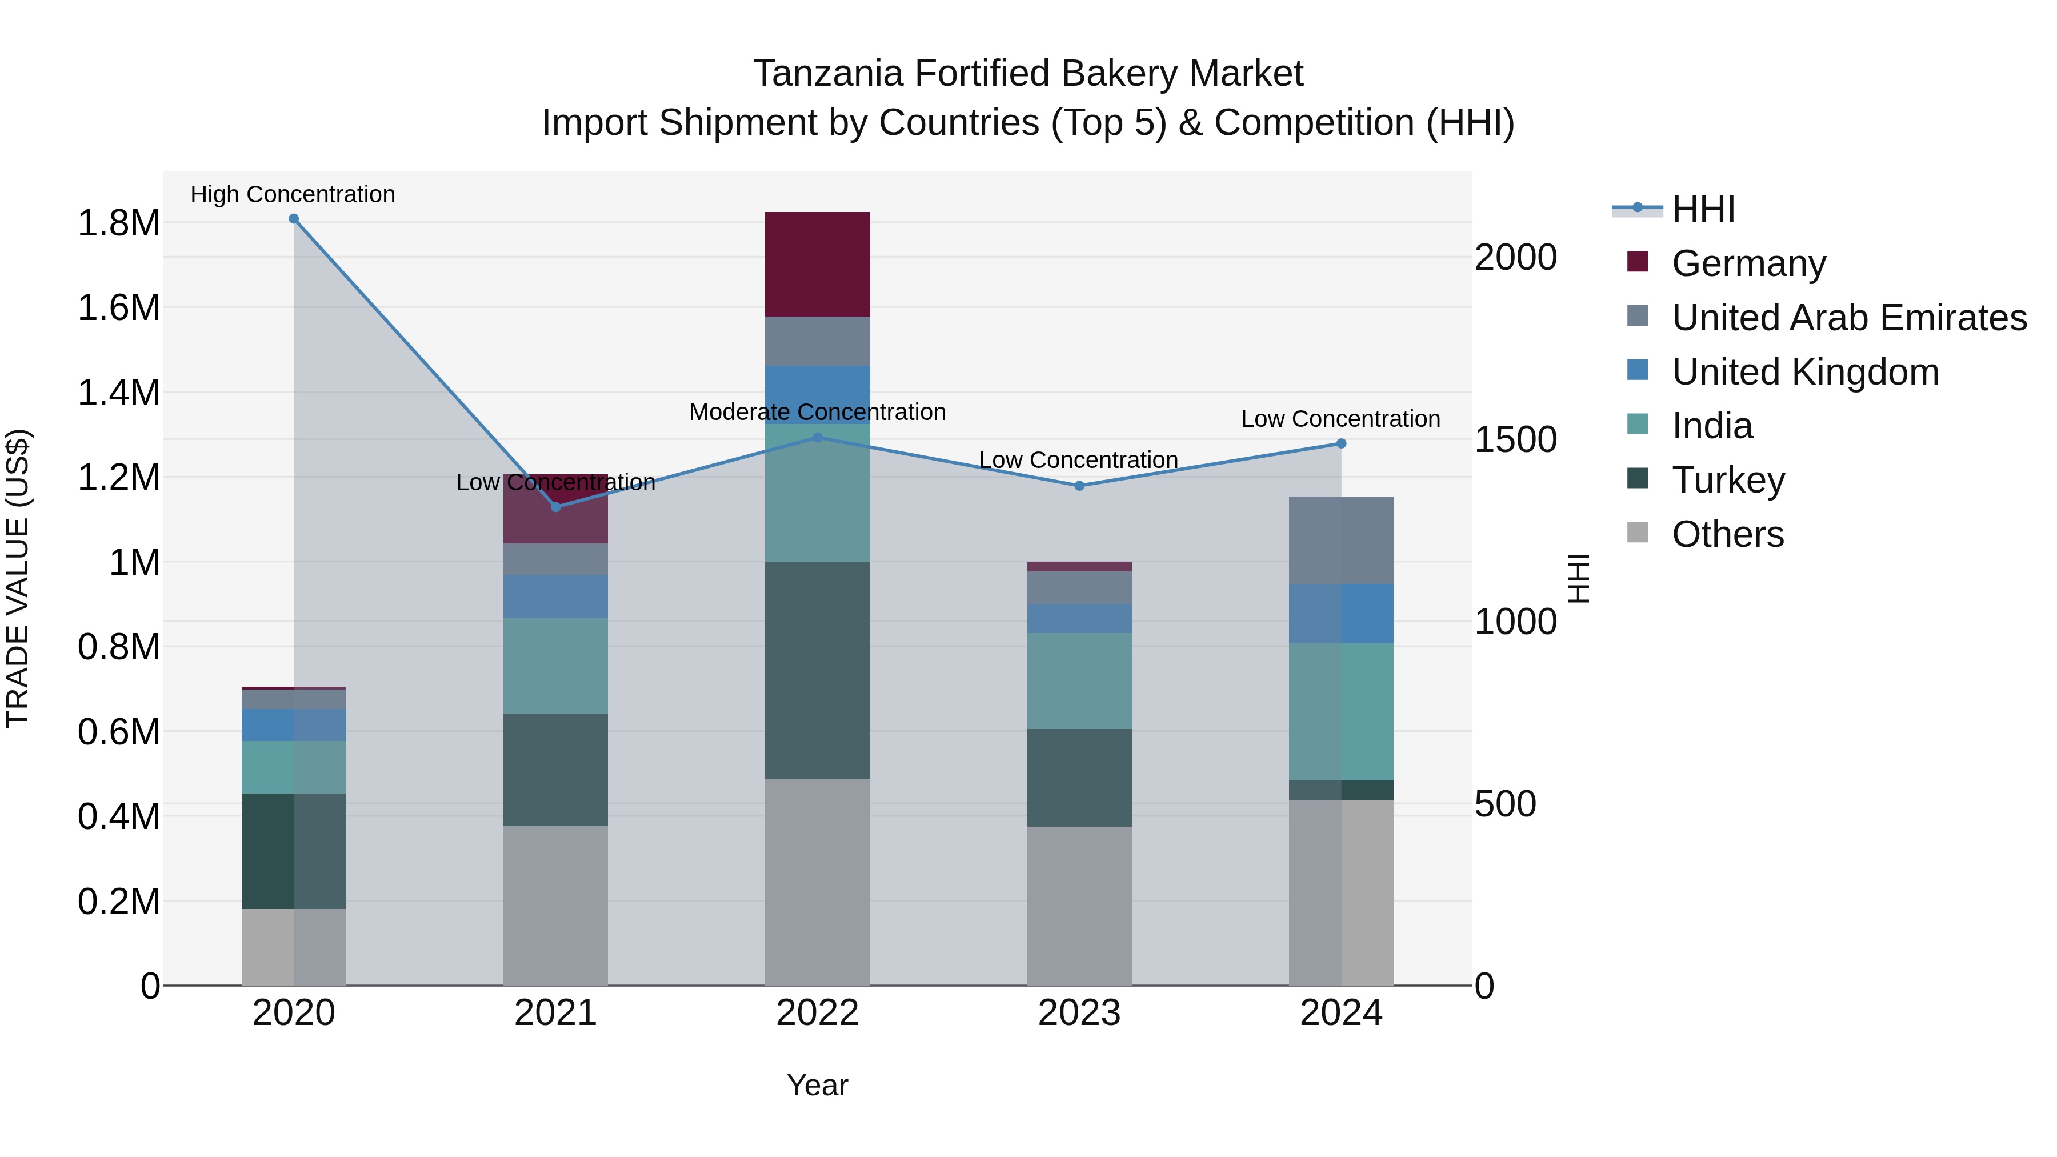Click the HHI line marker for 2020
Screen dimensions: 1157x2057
click(294, 219)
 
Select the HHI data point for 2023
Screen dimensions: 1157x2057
click(1079, 486)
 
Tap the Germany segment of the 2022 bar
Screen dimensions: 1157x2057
click(817, 265)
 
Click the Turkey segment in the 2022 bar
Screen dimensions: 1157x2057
click(817, 670)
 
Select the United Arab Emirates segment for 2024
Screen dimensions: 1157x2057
click(1340, 541)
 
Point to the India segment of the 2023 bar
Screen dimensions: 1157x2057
click(1079, 680)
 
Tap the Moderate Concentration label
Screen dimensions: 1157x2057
click(817, 412)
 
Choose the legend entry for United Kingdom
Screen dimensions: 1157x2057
click(1804, 372)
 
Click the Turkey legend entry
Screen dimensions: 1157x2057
click(1728, 480)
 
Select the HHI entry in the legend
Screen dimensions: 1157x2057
click(1703, 209)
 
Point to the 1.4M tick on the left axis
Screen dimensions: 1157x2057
click(119, 393)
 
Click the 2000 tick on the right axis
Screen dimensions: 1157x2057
click(1515, 257)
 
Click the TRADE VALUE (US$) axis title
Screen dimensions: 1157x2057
click(18, 578)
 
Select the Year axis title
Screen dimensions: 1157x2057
click(817, 1085)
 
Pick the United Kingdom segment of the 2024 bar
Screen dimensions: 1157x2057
click(1340, 613)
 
